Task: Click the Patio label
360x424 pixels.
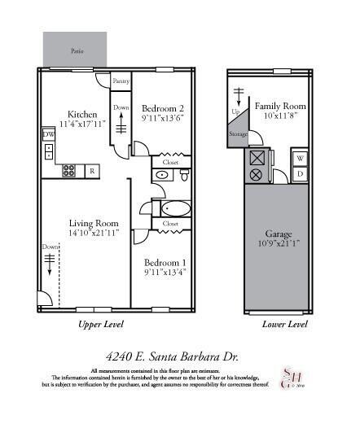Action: pos(77,50)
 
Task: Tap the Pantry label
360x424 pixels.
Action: pos(121,81)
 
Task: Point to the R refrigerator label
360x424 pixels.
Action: pos(92,171)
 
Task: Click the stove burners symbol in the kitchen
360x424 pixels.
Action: pos(70,171)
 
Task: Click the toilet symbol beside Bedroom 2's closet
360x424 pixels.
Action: pos(185,175)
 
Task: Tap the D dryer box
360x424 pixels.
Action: pos(299,173)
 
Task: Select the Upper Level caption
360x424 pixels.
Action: pos(100,324)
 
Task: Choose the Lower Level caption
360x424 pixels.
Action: pos(284,324)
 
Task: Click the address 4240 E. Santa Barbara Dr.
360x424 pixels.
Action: pos(179,356)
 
